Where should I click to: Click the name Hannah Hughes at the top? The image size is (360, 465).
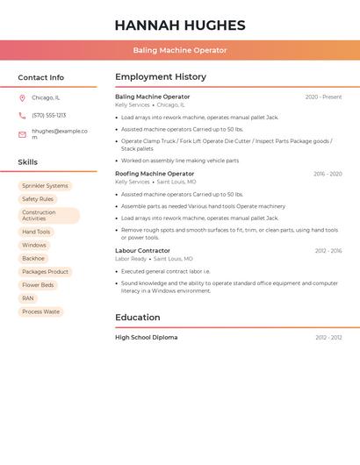[x=179, y=25]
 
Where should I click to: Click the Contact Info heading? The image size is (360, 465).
[x=40, y=77]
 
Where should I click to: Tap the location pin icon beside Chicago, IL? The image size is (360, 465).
[x=22, y=98]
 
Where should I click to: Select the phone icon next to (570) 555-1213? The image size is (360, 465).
[x=22, y=116]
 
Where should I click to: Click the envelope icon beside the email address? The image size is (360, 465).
[x=22, y=134]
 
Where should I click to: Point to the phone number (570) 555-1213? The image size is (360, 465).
[x=49, y=116]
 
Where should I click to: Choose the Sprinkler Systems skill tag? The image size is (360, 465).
[x=45, y=186]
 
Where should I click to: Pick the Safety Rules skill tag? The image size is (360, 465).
[x=38, y=199]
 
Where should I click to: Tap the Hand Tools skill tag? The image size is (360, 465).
[x=36, y=232]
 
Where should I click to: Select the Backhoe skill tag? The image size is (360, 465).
[x=33, y=259]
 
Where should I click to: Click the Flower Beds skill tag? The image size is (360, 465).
[x=38, y=285]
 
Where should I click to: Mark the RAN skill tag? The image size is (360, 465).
[x=28, y=298]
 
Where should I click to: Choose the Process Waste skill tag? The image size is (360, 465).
[x=41, y=311]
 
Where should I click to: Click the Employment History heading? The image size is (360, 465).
[x=161, y=77]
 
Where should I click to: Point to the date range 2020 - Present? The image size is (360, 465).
[x=323, y=97]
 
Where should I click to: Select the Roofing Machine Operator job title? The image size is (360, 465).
[x=155, y=174]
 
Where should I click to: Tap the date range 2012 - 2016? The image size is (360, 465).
[x=328, y=251]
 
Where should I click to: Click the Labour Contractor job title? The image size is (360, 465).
[x=142, y=251]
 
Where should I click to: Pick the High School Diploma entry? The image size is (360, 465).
[x=146, y=338]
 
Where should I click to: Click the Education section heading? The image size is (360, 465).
[x=137, y=318]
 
